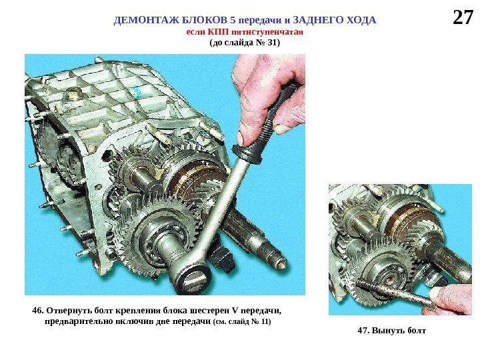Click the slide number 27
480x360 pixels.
(463, 17)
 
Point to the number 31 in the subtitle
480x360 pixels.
(272, 42)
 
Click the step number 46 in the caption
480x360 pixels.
(37, 311)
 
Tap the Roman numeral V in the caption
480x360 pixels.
(235, 311)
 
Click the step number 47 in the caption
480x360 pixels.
(363, 331)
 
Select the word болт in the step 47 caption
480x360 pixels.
(416, 331)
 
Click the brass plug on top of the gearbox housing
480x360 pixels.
(73, 94)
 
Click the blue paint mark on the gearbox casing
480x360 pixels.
(137, 91)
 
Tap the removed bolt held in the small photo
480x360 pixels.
(395, 293)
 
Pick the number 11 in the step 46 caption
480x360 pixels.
(265, 322)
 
